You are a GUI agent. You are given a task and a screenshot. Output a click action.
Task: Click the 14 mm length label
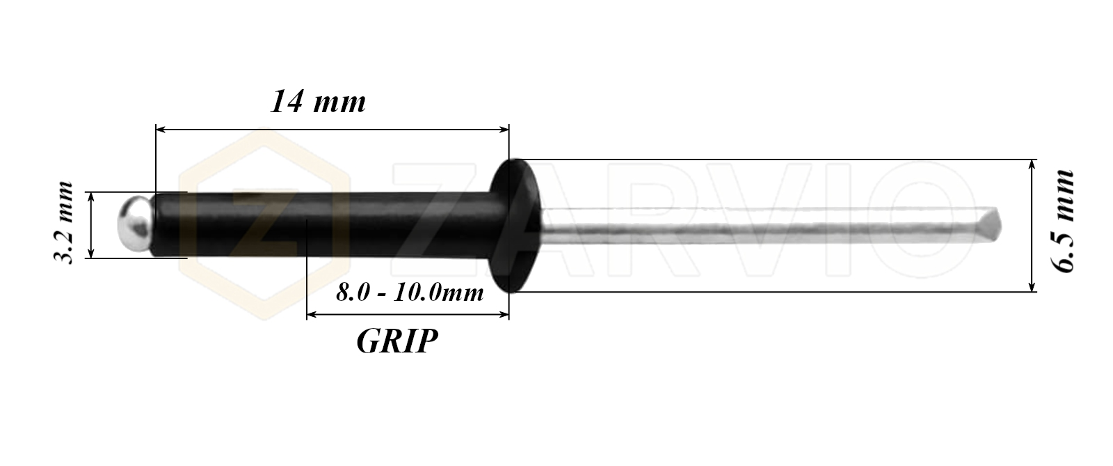click(x=318, y=102)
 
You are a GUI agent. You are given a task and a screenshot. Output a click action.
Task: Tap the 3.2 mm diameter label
click(x=63, y=222)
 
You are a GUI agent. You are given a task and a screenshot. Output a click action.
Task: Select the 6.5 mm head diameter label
click(x=1063, y=222)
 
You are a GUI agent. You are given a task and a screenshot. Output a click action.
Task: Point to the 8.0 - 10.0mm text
click(x=410, y=293)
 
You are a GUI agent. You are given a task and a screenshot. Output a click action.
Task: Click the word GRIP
click(x=397, y=341)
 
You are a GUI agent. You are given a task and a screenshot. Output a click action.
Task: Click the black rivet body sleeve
click(x=323, y=225)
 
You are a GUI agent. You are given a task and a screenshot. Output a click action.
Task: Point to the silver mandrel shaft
click(x=770, y=226)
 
